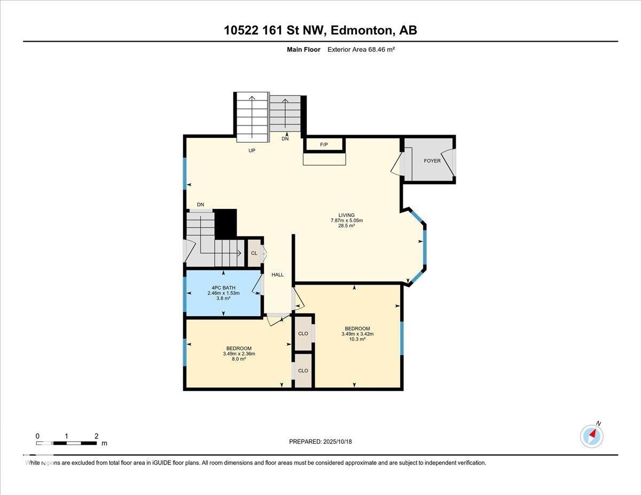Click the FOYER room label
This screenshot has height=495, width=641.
click(x=432, y=161)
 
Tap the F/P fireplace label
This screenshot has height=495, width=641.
click(x=324, y=145)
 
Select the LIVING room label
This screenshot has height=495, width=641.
click(x=347, y=215)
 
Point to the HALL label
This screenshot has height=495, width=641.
click(x=278, y=275)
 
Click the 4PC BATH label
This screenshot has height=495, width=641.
click(x=224, y=288)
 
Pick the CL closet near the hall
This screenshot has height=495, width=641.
click(x=254, y=253)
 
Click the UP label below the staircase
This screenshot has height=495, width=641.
click(x=252, y=151)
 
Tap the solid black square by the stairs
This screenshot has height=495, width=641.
click(x=225, y=224)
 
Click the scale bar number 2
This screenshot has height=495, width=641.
click(x=97, y=436)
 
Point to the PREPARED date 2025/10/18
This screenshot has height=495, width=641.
click(x=338, y=442)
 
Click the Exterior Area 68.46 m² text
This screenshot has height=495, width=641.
click(x=361, y=50)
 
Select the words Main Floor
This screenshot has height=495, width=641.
click(x=303, y=50)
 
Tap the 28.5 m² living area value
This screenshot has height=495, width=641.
click(x=346, y=226)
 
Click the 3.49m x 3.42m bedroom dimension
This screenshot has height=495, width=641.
click(x=357, y=334)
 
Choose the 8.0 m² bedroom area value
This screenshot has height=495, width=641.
click(x=239, y=359)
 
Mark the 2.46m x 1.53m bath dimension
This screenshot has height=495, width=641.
click(x=224, y=293)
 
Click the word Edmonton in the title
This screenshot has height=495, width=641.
click(x=363, y=30)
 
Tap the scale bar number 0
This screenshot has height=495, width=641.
click(x=37, y=436)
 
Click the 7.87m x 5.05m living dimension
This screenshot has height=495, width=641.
click(x=347, y=221)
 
